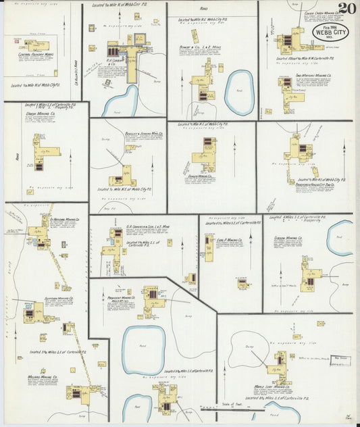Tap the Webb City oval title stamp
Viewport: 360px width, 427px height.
click(328, 32)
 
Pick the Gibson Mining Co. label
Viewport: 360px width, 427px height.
click(288, 238)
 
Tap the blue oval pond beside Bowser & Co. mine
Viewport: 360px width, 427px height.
click(239, 93)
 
